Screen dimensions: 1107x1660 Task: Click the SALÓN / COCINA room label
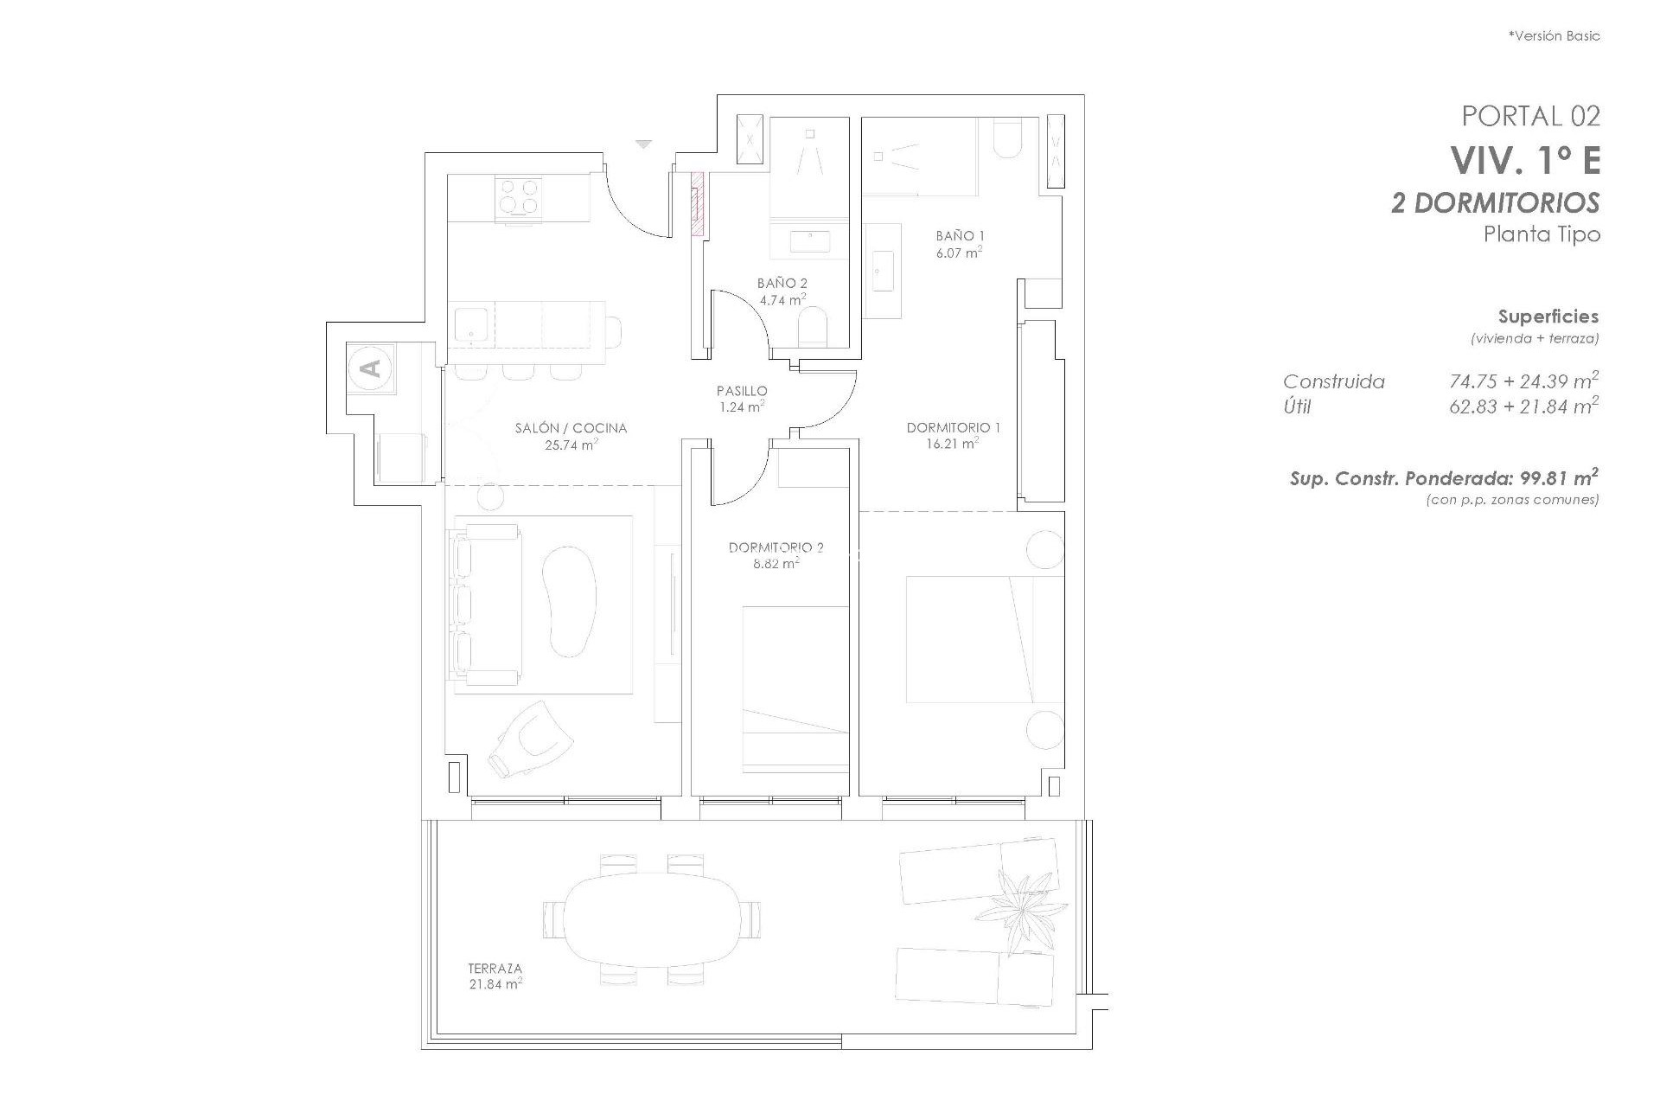570,428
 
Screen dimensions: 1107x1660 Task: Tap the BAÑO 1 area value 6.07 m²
960,253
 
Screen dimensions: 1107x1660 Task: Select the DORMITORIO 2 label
776,547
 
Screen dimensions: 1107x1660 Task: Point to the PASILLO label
741,391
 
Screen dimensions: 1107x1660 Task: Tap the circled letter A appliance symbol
372,368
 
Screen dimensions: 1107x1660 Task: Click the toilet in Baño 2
813,329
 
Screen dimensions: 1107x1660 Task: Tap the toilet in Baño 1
1007,141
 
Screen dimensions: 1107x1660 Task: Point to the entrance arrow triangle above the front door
642,144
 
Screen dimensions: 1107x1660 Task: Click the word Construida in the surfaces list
1333,381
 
